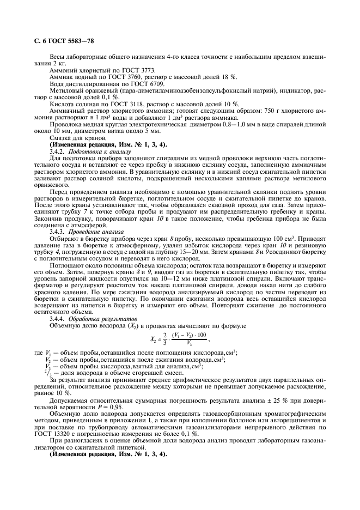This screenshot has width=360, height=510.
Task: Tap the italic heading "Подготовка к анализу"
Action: pyautogui.click(x=101, y=151)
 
